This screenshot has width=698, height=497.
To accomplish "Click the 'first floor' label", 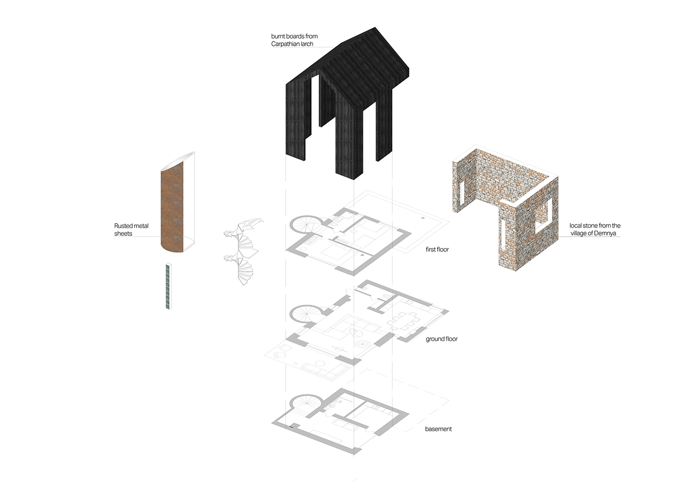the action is pyautogui.click(x=437, y=249).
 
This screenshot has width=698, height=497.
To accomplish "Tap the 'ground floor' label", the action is pyautogui.click(x=442, y=339).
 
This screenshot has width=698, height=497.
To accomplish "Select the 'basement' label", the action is pyautogui.click(x=438, y=429).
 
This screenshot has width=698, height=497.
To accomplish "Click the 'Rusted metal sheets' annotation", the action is pyautogui.click(x=131, y=230).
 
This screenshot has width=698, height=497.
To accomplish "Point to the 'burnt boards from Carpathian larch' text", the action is pyautogui.click(x=294, y=40).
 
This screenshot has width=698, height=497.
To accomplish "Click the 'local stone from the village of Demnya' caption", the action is pyautogui.click(x=594, y=230).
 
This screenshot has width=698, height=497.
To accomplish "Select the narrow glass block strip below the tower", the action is pyautogui.click(x=169, y=286).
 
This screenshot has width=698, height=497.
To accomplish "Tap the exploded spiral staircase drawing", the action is pyautogui.click(x=243, y=250).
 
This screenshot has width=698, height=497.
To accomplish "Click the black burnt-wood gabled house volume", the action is pyautogui.click(x=347, y=103).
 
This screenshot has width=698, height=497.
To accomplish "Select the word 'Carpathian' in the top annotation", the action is pyautogui.click(x=285, y=44).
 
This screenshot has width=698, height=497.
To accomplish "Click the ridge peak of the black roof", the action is pyautogui.click(x=375, y=27).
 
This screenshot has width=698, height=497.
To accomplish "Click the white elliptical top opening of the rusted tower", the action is pyautogui.click(x=177, y=160).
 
